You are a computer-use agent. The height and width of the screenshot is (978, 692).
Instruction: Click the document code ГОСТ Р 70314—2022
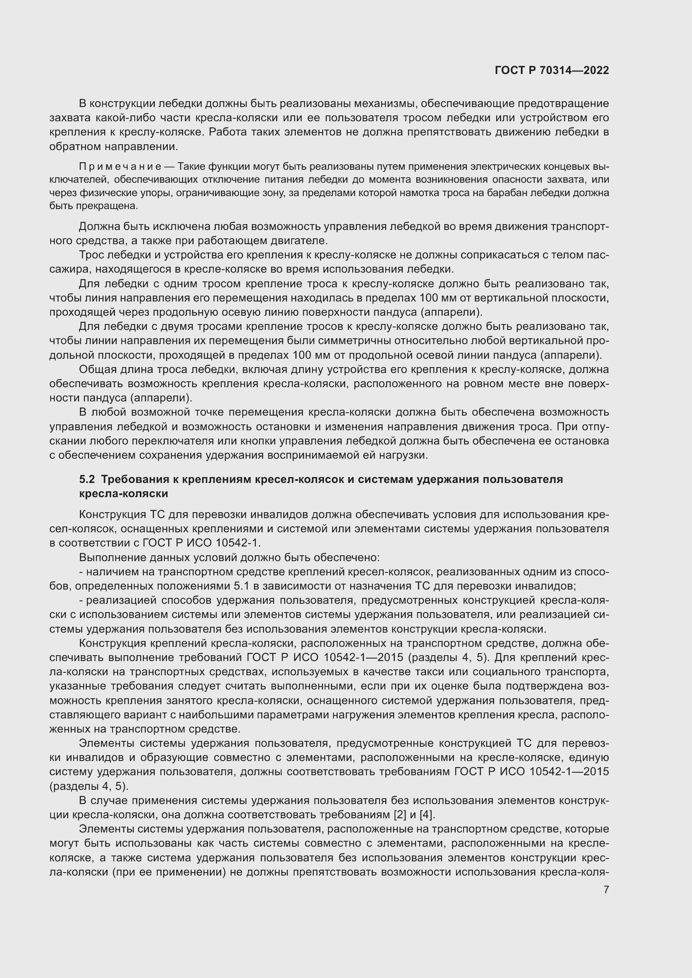[552, 71]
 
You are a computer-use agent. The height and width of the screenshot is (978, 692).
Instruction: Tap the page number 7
[606, 889]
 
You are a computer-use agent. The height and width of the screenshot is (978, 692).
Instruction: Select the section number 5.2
[87, 479]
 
